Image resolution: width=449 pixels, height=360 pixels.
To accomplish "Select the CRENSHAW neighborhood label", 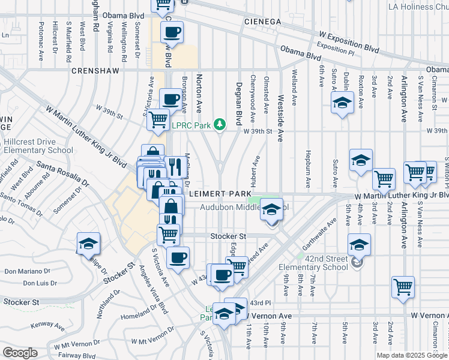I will click(93, 70).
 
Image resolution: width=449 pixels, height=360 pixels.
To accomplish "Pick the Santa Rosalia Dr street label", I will click(63, 173).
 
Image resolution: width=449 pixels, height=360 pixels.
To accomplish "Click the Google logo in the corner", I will click(20, 352).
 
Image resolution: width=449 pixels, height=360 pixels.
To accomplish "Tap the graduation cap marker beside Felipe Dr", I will click(88, 244).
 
